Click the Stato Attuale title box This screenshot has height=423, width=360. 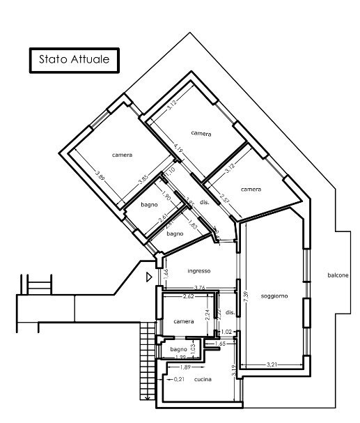point(73,60)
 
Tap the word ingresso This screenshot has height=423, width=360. point(198,271)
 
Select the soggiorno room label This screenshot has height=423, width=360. point(274,297)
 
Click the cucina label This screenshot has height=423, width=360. point(203,379)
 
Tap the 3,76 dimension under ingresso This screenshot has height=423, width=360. point(198,287)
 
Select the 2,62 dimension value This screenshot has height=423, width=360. point(188,297)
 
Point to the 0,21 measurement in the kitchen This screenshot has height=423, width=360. point(179,379)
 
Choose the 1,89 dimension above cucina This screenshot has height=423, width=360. point(186,367)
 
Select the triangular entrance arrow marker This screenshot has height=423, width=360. point(148,277)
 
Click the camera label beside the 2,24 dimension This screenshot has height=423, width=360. point(183,321)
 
